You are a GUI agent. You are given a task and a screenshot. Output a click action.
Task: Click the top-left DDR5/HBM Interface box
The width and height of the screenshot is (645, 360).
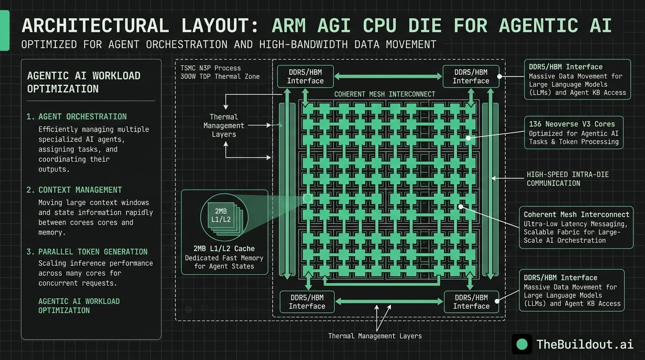click(x=305, y=76)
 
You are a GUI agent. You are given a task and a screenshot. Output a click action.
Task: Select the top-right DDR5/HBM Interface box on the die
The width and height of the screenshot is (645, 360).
click(x=471, y=76)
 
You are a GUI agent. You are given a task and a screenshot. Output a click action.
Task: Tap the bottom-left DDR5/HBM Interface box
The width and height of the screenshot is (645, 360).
click(x=307, y=302)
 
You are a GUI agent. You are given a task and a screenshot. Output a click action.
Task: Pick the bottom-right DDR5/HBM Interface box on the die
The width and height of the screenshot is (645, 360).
click(x=471, y=302)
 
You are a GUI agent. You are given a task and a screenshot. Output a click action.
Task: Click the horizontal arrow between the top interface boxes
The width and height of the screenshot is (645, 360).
click(x=388, y=76)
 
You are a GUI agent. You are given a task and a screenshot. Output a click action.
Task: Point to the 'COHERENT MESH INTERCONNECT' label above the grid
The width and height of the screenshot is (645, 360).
click(x=384, y=94)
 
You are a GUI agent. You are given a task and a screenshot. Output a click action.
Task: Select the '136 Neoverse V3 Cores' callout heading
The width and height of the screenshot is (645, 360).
click(x=571, y=124)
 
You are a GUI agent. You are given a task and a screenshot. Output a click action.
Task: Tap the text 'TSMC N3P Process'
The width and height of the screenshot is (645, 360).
click(x=210, y=68)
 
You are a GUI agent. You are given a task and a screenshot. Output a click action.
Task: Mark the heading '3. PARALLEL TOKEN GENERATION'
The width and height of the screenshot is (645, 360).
click(x=87, y=252)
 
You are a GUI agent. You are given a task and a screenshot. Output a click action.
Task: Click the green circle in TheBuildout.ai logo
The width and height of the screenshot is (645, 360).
click(x=522, y=345)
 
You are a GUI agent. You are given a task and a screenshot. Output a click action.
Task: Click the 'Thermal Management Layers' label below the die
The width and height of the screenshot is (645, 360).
click(x=375, y=336)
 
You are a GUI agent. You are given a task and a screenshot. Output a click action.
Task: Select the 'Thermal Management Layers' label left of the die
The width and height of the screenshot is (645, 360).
click(x=224, y=126)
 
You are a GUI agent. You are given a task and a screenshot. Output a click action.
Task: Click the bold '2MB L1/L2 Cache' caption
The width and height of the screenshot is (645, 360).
click(x=224, y=248)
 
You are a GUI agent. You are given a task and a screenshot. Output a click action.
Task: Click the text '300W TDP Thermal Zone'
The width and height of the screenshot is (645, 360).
click(x=220, y=76)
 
